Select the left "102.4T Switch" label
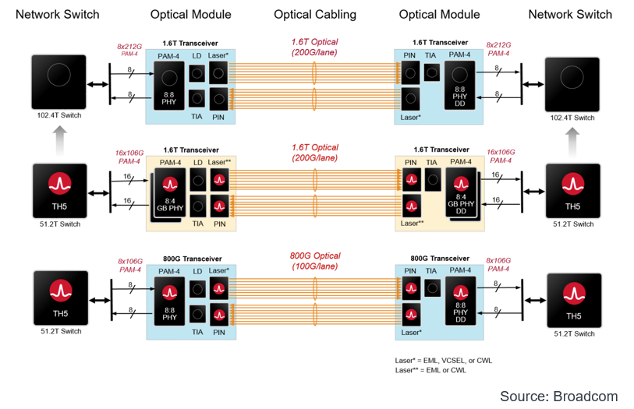(59, 115)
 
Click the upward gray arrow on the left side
(59, 142)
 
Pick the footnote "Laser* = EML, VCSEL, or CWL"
(444, 361)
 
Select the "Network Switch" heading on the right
(570, 14)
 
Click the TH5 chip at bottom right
(573, 299)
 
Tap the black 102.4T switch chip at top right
(573, 84)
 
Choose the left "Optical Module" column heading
(190, 14)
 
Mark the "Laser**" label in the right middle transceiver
(411, 224)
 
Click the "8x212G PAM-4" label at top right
(499, 49)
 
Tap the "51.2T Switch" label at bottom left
(59, 331)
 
